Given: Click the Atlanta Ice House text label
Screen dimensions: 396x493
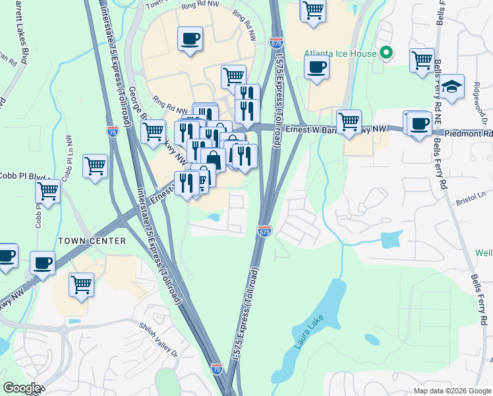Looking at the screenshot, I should tap(340, 54).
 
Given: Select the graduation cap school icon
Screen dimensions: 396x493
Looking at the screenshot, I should tap(451, 87).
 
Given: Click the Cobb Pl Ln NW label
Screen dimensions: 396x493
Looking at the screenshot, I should tap(67, 159).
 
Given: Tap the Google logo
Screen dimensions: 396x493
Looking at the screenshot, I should tap(22, 388).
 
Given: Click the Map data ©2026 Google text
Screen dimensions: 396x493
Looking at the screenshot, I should tap(452, 391).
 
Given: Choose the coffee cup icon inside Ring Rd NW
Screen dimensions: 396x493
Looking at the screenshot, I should tap(190, 39).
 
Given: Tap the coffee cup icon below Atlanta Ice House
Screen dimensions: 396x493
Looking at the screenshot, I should tap(316, 67).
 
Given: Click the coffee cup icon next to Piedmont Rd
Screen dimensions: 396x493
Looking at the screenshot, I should tap(419, 123).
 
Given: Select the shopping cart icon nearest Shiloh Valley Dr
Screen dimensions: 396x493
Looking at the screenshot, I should tap(81, 285).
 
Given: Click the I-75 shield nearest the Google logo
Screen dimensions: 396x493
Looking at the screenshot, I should tap(217, 369).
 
